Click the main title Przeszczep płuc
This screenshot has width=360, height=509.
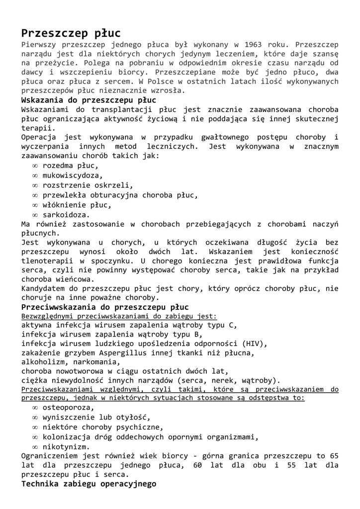[x=71, y=33]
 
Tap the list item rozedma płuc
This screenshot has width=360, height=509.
[x=70, y=166]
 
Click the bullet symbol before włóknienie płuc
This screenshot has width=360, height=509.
[x=35, y=205]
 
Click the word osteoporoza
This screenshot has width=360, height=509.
[x=68, y=408]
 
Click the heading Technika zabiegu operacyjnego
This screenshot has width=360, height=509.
[x=89, y=484]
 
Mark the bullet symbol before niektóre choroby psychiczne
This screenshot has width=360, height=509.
[x=35, y=427]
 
